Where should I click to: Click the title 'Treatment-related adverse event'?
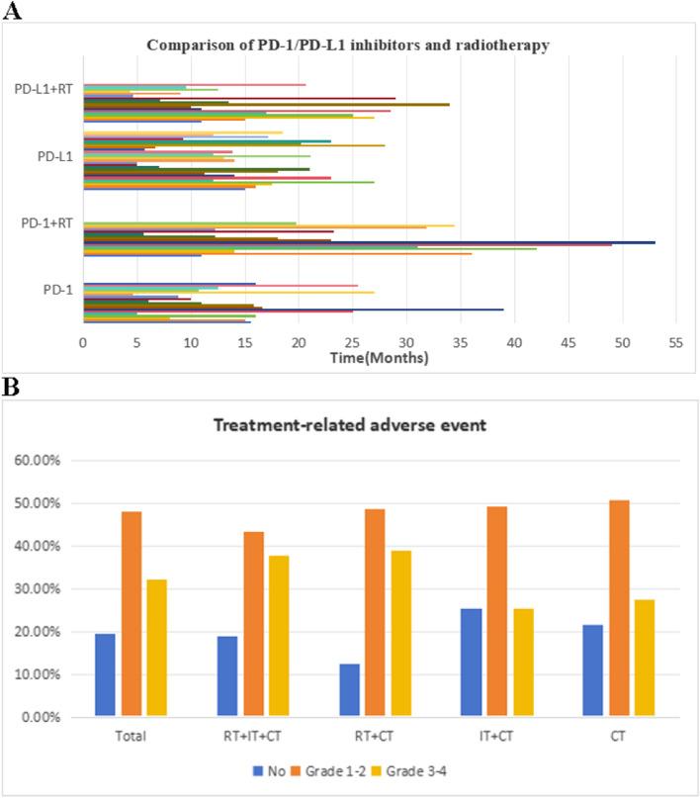click(x=349, y=425)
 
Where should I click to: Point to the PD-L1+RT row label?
click(x=46, y=88)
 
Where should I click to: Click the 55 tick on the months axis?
click(x=675, y=341)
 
